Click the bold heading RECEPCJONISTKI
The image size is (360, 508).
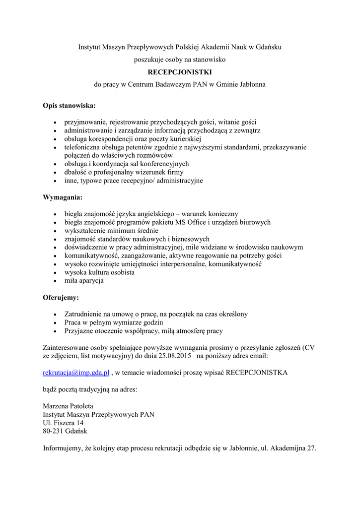[x=180, y=72]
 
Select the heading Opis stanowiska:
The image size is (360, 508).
[x=70, y=106]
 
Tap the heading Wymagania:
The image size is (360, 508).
[x=63, y=197]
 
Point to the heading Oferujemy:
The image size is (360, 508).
[x=61, y=298]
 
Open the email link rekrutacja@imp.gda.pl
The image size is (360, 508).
[x=76, y=372]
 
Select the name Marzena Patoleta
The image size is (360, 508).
[x=68, y=406]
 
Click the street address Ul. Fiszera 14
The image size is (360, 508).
[x=64, y=423]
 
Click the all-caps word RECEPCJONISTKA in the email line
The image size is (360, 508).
[x=257, y=372]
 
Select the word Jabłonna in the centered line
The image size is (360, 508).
[x=252, y=84]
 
